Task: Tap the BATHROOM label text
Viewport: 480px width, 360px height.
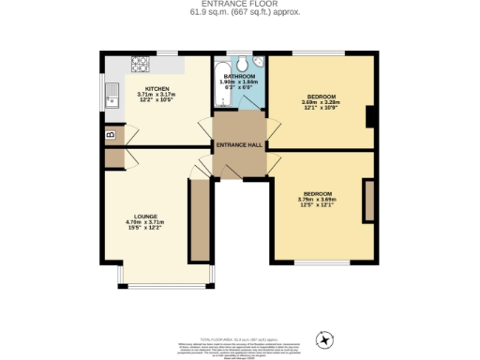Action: (239, 76)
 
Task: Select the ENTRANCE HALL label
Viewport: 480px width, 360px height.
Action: (239, 145)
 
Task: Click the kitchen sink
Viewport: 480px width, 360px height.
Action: (112, 96)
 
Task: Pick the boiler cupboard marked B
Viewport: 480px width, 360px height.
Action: (112, 134)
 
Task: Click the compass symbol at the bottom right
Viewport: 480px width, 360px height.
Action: (326, 338)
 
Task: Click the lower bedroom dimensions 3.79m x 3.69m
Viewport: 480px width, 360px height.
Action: (317, 201)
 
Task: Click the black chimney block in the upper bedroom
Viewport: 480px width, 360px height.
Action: (371, 115)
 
